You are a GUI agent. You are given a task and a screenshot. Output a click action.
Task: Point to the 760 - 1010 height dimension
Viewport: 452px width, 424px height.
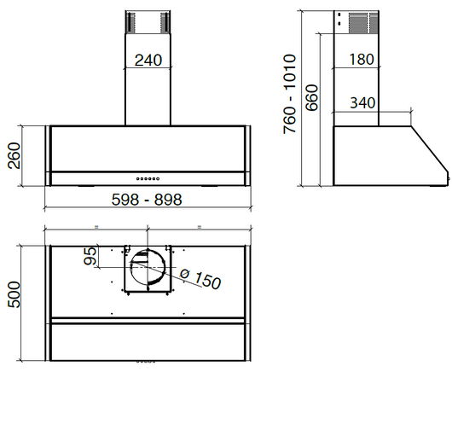290,94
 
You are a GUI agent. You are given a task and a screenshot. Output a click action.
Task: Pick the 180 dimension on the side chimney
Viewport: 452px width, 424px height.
362,60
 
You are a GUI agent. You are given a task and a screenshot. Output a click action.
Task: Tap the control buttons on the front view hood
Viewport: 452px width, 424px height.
148,178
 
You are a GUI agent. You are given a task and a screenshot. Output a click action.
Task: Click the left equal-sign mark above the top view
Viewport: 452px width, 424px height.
98,227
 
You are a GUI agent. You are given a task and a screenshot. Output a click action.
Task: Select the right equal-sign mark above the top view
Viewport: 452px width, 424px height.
199,227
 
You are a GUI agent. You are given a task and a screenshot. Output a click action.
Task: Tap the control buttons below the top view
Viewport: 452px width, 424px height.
148,362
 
